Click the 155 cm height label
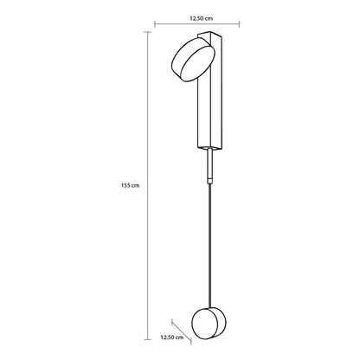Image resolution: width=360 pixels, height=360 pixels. coord(130,185)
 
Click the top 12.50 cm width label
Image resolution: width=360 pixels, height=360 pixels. coord(201,18)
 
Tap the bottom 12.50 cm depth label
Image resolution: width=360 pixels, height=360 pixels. coord(172,337)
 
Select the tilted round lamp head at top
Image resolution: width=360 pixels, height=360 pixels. coord(193,61)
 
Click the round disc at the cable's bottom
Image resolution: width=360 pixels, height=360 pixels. coord(209,323)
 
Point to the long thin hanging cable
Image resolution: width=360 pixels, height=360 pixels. coord(210,245)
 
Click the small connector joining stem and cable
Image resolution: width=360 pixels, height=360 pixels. coord(210,181)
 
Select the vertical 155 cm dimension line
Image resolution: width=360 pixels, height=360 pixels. coord(148,185)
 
